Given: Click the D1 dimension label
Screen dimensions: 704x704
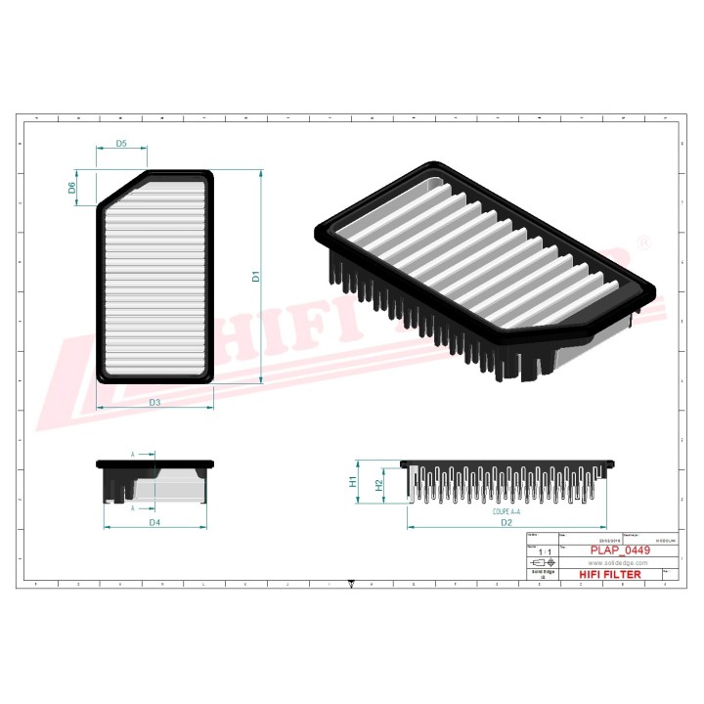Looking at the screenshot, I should pos(255,277).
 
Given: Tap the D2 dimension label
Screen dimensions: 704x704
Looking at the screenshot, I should pos(506,523).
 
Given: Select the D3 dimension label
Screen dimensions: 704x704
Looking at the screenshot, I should pos(154,402).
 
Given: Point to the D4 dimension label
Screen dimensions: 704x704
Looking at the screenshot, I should pos(154,523).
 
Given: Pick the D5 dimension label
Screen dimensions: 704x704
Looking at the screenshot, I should pos(121,144).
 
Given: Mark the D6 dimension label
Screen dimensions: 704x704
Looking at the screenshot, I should pos(72,187).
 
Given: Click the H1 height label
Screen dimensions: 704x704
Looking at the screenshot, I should pos(353,481).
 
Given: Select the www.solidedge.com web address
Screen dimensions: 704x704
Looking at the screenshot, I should pos(619,563).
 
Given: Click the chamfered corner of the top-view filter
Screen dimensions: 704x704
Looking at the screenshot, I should pos(121,188).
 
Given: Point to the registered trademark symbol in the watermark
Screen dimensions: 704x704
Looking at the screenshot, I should pos(642,242).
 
